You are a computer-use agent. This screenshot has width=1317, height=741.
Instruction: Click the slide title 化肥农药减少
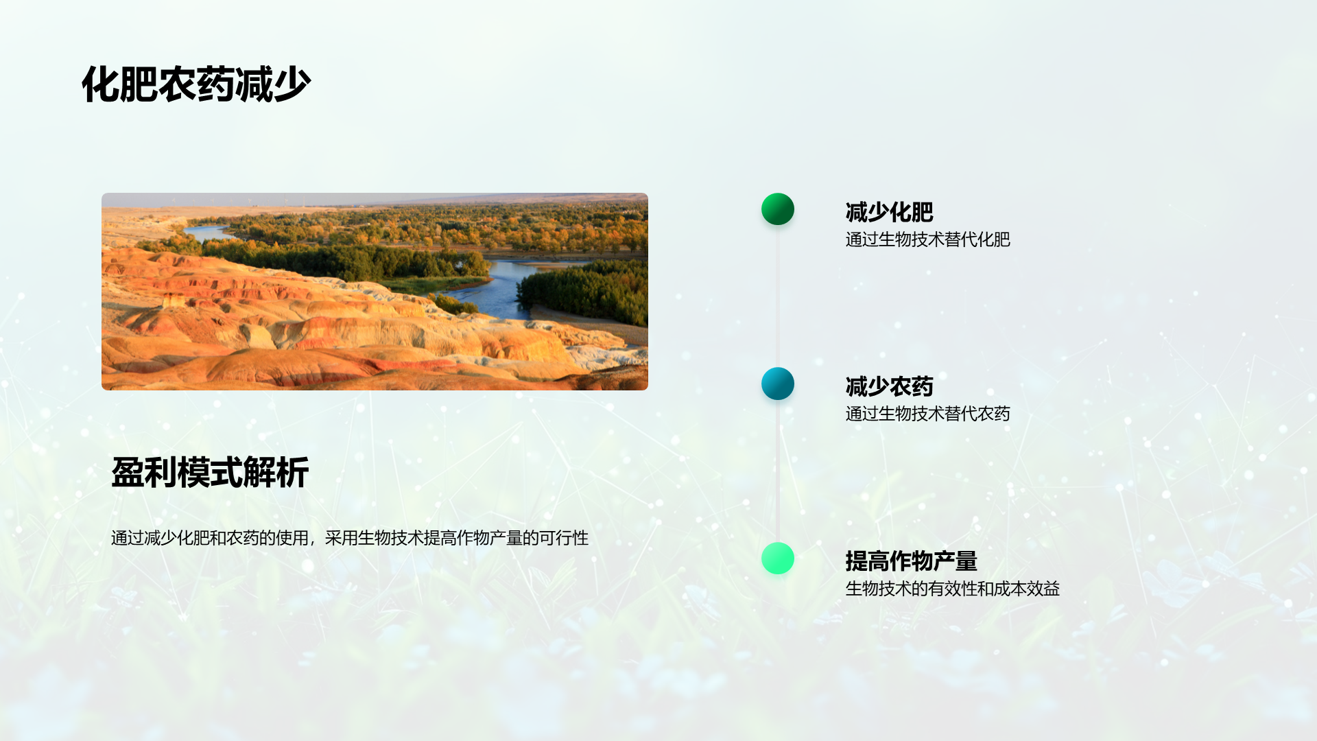coord(196,84)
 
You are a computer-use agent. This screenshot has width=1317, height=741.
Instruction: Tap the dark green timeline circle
coord(778,209)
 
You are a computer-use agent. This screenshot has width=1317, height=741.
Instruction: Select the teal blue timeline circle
coord(778,384)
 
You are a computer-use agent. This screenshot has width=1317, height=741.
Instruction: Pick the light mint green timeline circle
coord(778,558)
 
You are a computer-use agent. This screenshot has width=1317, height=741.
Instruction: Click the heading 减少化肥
coord(889,212)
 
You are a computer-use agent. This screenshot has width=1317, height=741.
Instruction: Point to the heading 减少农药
coord(889,386)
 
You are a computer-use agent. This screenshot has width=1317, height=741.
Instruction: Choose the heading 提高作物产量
coord(911,561)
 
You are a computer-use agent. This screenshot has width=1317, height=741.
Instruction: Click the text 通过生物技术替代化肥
coord(927,239)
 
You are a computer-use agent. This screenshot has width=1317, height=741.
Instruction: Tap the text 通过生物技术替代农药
coord(927,414)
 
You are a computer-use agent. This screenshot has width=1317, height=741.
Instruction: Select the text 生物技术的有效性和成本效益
coord(952,589)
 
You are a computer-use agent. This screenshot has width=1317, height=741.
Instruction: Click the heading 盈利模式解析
coord(210,473)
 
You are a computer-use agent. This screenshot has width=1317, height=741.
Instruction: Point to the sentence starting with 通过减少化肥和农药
coord(350,538)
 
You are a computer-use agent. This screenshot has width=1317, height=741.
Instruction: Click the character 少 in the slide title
coord(292,84)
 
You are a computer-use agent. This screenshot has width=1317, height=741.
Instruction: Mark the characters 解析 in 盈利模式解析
coord(276,473)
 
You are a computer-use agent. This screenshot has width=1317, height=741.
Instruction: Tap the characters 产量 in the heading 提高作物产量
coord(956,561)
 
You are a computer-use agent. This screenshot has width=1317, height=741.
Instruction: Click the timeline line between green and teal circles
coord(778,296)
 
